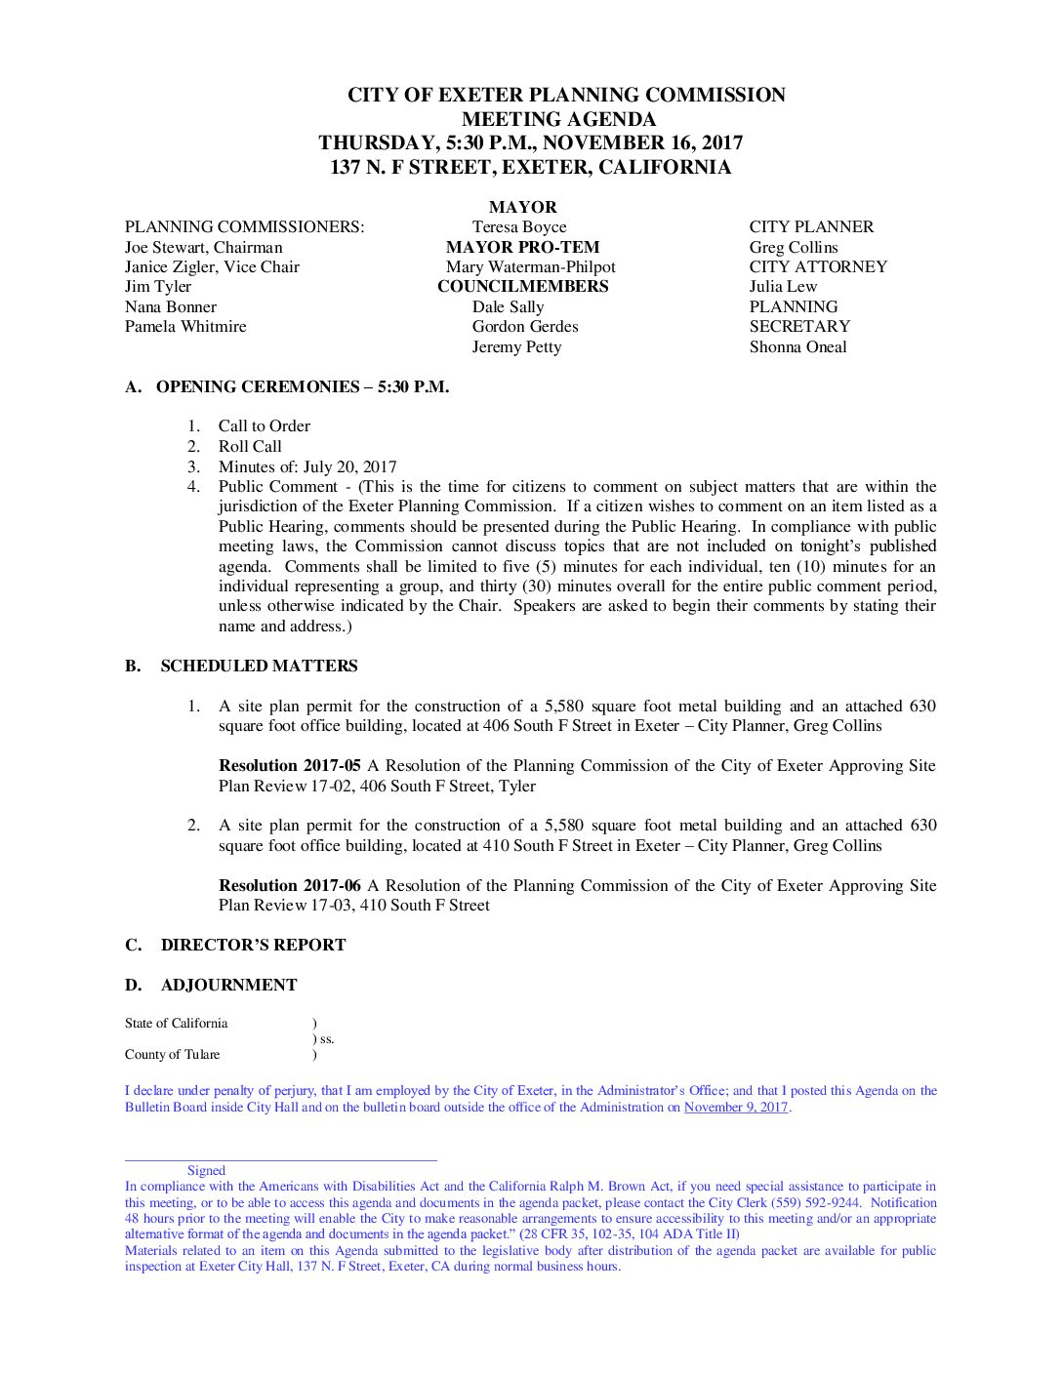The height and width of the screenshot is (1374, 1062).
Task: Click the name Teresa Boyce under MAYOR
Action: pyautogui.click(x=518, y=227)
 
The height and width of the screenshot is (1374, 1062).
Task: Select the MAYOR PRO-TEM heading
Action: pyautogui.click(x=522, y=247)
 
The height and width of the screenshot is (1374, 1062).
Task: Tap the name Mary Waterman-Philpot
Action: pyautogui.click(x=530, y=267)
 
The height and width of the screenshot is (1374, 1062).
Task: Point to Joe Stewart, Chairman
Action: pyautogui.click(x=203, y=248)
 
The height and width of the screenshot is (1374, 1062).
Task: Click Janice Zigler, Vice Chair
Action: pyautogui.click(x=212, y=267)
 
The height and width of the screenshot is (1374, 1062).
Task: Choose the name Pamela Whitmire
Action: pyautogui.click(x=185, y=327)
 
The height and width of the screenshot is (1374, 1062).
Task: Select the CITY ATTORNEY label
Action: pyautogui.click(x=818, y=267)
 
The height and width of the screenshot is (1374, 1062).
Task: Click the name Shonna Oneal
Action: pyautogui.click(x=797, y=347)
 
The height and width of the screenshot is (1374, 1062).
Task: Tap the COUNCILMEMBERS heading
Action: pyautogui.click(x=522, y=287)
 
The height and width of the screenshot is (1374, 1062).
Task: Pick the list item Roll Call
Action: pyautogui.click(x=250, y=447)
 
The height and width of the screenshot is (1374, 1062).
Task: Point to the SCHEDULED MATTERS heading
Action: pyautogui.click(x=259, y=667)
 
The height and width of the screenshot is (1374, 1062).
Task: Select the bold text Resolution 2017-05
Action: pyautogui.click(x=290, y=766)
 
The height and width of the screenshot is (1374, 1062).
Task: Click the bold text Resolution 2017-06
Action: pyautogui.click(x=290, y=886)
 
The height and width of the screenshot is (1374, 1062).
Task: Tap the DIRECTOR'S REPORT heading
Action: pyautogui.click(x=253, y=946)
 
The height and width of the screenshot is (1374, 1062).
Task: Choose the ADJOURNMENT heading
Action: pyautogui.click(x=228, y=986)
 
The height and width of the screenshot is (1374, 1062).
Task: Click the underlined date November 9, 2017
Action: pyautogui.click(x=736, y=1108)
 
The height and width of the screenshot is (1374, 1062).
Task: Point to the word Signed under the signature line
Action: pyautogui.click(x=206, y=1171)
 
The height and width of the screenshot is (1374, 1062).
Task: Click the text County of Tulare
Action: pyautogui.click(x=172, y=1055)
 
